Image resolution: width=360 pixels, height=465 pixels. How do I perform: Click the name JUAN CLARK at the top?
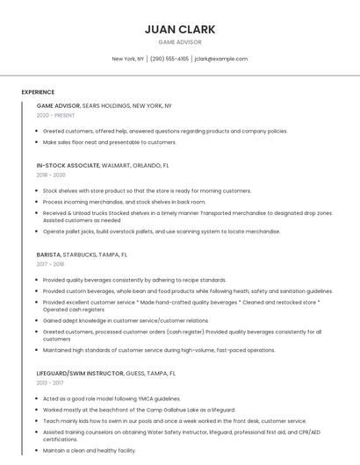coord(179,29)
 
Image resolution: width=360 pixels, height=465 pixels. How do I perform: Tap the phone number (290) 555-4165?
coord(169,59)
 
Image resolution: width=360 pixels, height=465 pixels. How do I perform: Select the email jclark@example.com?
coord(221,59)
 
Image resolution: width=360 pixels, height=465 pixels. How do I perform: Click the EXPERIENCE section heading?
coord(38,92)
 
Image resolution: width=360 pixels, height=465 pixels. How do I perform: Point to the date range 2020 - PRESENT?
coord(55,115)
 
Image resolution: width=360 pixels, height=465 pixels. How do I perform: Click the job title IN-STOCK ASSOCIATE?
coord(67,165)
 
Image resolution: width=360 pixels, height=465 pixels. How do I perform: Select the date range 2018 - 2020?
coord(51,175)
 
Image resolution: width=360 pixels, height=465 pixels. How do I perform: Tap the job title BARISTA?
coord(48,254)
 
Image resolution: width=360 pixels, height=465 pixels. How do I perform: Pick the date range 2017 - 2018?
coord(50,264)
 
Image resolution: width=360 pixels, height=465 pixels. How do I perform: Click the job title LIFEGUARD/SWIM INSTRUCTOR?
coord(79,373)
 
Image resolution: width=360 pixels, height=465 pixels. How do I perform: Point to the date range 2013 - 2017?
coord(50,383)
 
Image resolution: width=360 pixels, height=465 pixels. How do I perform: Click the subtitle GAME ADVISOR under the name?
coord(179,42)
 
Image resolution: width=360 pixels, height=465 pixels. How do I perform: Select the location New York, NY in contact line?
coord(128,59)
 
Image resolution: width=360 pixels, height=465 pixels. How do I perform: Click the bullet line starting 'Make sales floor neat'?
coord(110,142)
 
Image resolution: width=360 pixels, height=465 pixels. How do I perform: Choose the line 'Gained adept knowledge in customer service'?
coord(126,321)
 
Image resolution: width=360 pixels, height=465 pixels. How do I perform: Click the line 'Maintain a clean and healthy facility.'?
coord(90,450)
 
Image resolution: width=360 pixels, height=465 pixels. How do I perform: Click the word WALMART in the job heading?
coord(119,165)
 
